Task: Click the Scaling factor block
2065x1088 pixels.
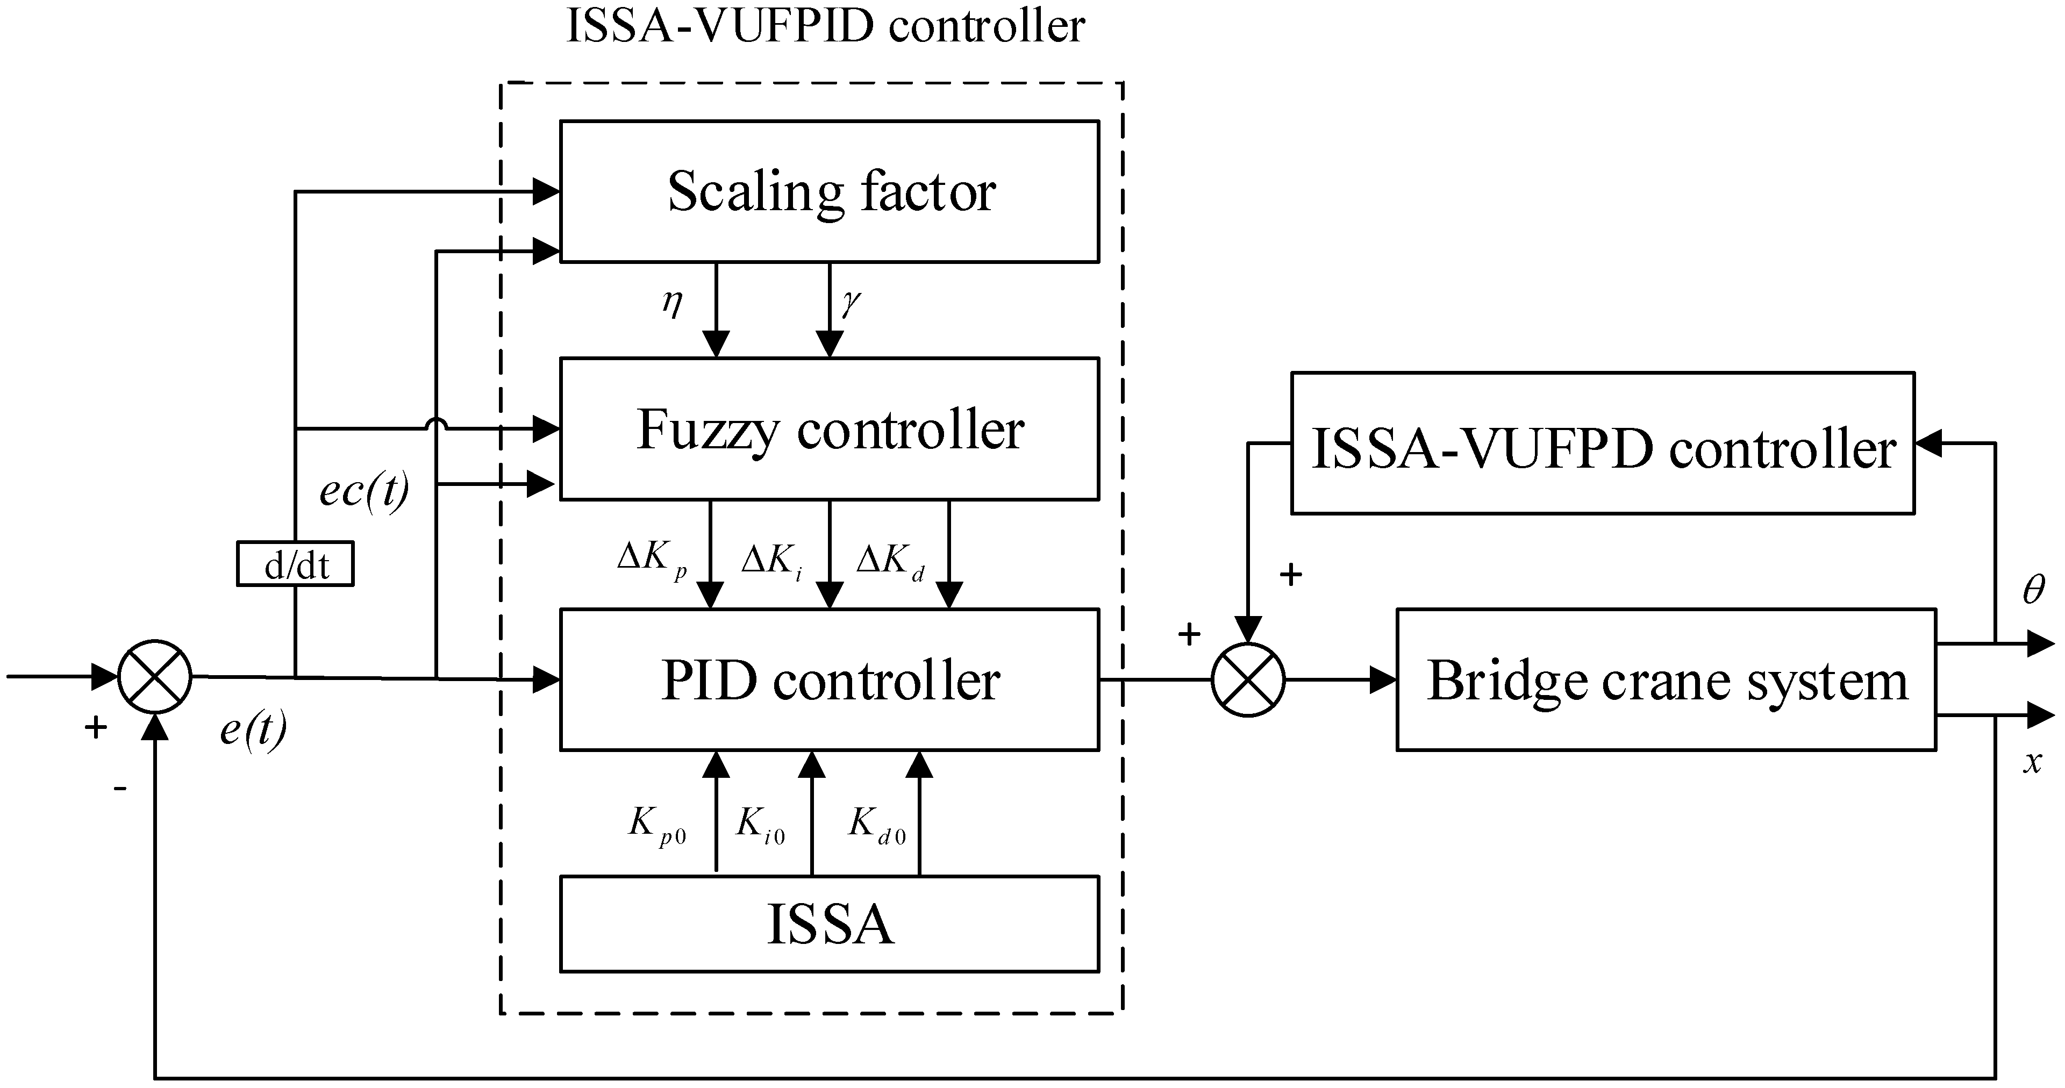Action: [x=829, y=191]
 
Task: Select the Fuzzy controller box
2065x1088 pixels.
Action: [x=829, y=429]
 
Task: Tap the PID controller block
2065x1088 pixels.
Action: [x=829, y=680]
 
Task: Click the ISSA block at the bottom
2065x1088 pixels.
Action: [x=829, y=924]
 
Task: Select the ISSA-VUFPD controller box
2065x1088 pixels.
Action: [x=1603, y=443]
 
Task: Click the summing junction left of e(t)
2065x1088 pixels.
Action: [x=155, y=677]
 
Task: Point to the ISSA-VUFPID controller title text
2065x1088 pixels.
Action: [x=826, y=26]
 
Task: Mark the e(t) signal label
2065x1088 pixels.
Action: [x=253, y=729]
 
